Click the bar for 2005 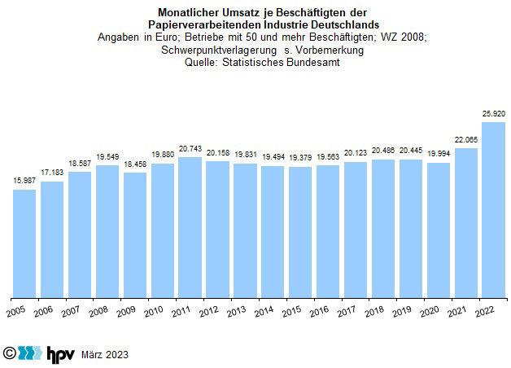click(x=24, y=243)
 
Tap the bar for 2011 click(x=190, y=227)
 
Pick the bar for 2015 click(x=300, y=232)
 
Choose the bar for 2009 click(x=135, y=235)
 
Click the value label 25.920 click(x=494, y=115)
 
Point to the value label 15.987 click(x=24, y=181)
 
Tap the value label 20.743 click(x=190, y=148)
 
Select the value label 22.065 click(x=466, y=139)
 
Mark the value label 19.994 click(x=439, y=155)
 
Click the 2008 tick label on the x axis click(x=98, y=312)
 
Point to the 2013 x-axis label click(x=237, y=312)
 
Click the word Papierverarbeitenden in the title click(x=206, y=25)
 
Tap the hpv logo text click(x=59, y=354)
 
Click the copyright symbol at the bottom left click(x=10, y=354)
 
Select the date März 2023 click(x=105, y=355)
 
